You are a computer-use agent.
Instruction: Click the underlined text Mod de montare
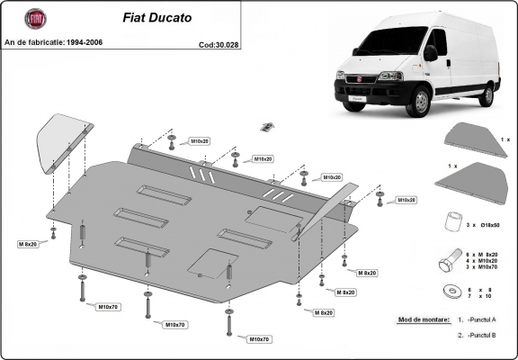point(422,319)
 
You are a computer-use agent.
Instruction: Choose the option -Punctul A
point(487,320)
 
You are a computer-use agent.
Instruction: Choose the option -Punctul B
point(487,336)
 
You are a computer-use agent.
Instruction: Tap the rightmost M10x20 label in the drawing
point(406,199)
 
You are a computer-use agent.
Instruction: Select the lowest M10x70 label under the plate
point(259,339)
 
